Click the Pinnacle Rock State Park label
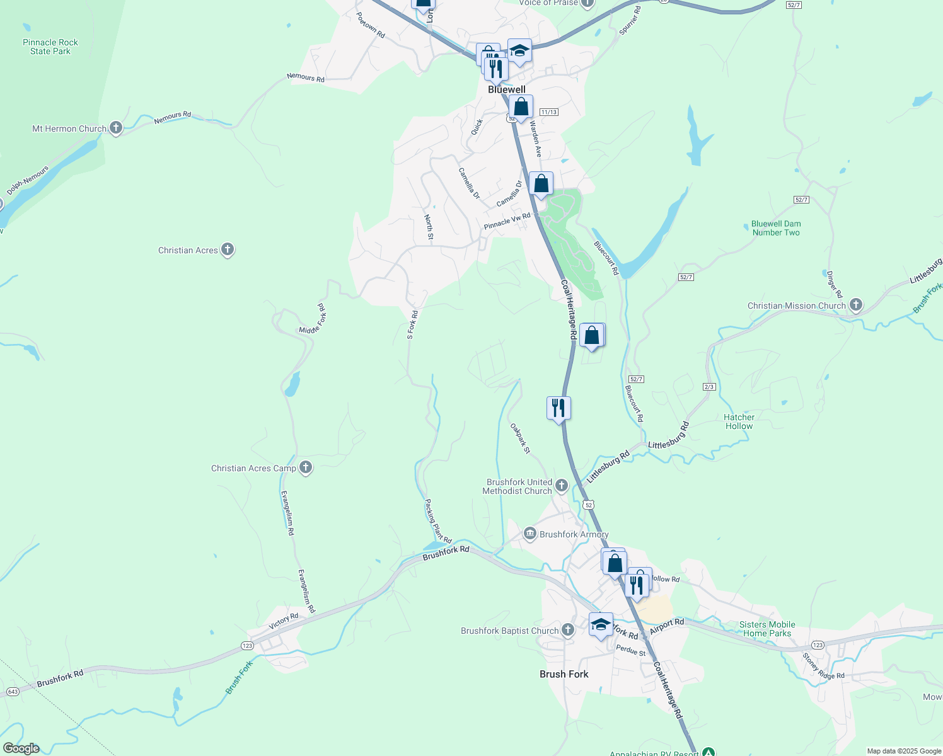pyautogui.click(x=50, y=47)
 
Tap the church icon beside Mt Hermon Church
pyautogui.click(x=115, y=129)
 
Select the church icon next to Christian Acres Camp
pyautogui.click(x=306, y=468)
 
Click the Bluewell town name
pyautogui.click(x=507, y=89)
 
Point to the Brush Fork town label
pyautogui.click(x=564, y=674)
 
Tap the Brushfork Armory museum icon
pyautogui.click(x=530, y=534)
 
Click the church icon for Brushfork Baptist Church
pyautogui.click(x=568, y=631)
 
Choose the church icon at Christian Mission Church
pyautogui.click(x=855, y=306)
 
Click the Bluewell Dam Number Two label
pyautogui.click(x=775, y=228)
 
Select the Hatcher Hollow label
pyautogui.click(x=739, y=421)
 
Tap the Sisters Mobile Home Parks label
pyautogui.click(x=767, y=629)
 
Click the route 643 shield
pyautogui.click(x=12, y=692)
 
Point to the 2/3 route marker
pyautogui.click(x=709, y=387)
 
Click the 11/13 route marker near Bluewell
pyautogui.click(x=548, y=112)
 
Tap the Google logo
pyautogui.click(x=21, y=748)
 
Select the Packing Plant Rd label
pyautogui.click(x=437, y=521)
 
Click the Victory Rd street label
pyautogui.click(x=284, y=621)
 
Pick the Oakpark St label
pyautogui.click(x=520, y=438)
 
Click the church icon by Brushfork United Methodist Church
pyautogui.click(x=562, y=486)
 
